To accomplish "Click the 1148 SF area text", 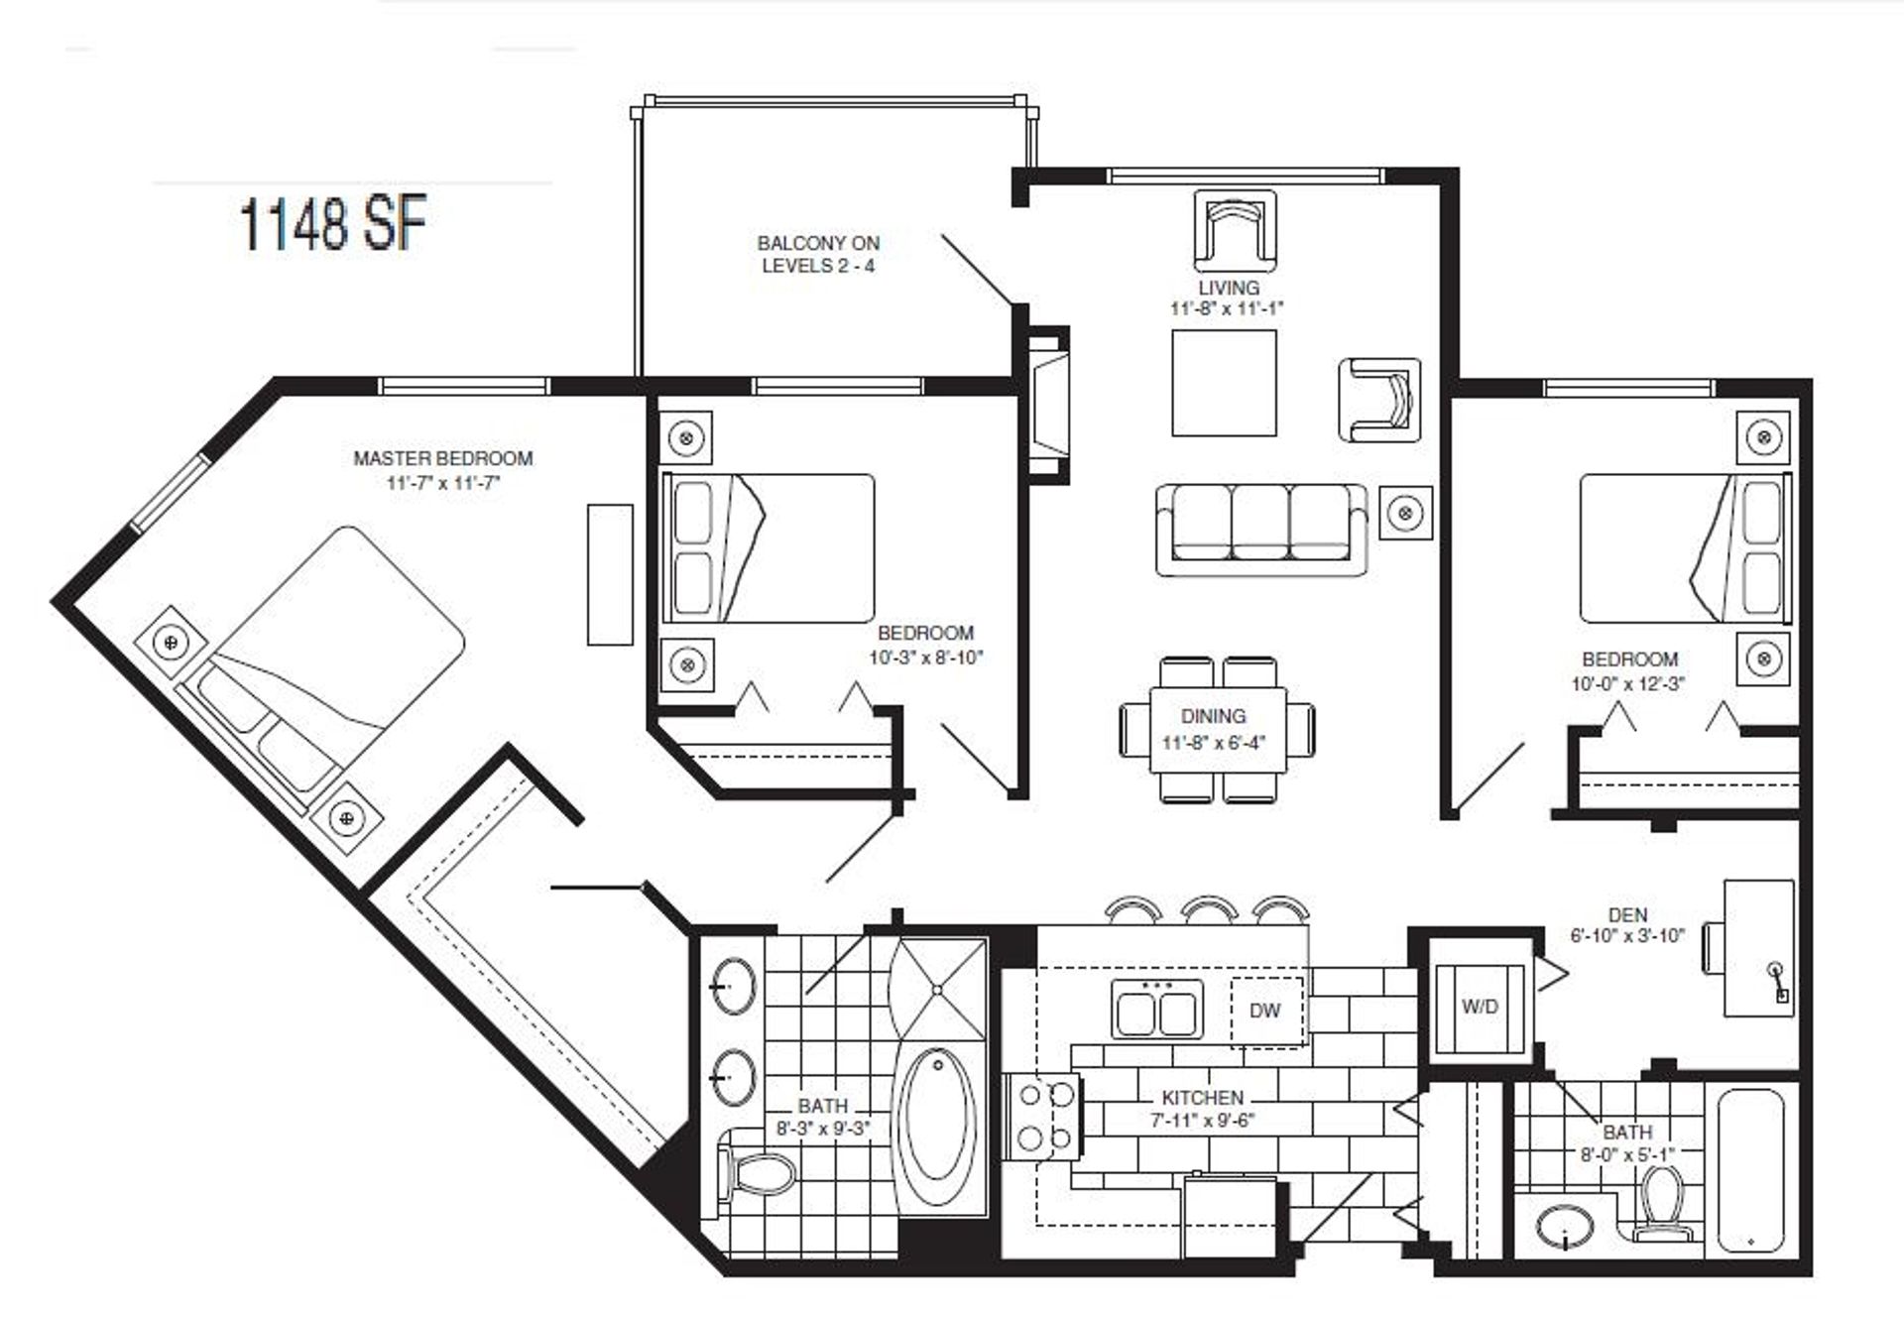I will click(333, 224).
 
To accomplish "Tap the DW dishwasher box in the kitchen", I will click(1265, 1011).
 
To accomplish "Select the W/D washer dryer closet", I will click(1480, 1007).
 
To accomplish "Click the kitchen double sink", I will click(1156, 1011).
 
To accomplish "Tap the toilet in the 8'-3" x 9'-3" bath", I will click(758, 1174).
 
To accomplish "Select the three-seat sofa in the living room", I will click(1260, 529).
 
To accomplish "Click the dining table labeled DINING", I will click(1218, 730).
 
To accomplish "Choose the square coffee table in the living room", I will click(1224, 383).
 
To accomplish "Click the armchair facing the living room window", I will click(1234, 230).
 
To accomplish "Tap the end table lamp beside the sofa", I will click(1404, 513).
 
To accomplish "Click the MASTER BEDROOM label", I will click(443, 458).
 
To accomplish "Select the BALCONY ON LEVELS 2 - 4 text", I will click(818, 254).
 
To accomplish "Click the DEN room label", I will click(1628, 914).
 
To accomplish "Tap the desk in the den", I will click(1758, 948).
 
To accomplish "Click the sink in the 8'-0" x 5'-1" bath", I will click(1564, 1228).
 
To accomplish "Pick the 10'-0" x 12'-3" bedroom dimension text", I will click(1627, 683).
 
